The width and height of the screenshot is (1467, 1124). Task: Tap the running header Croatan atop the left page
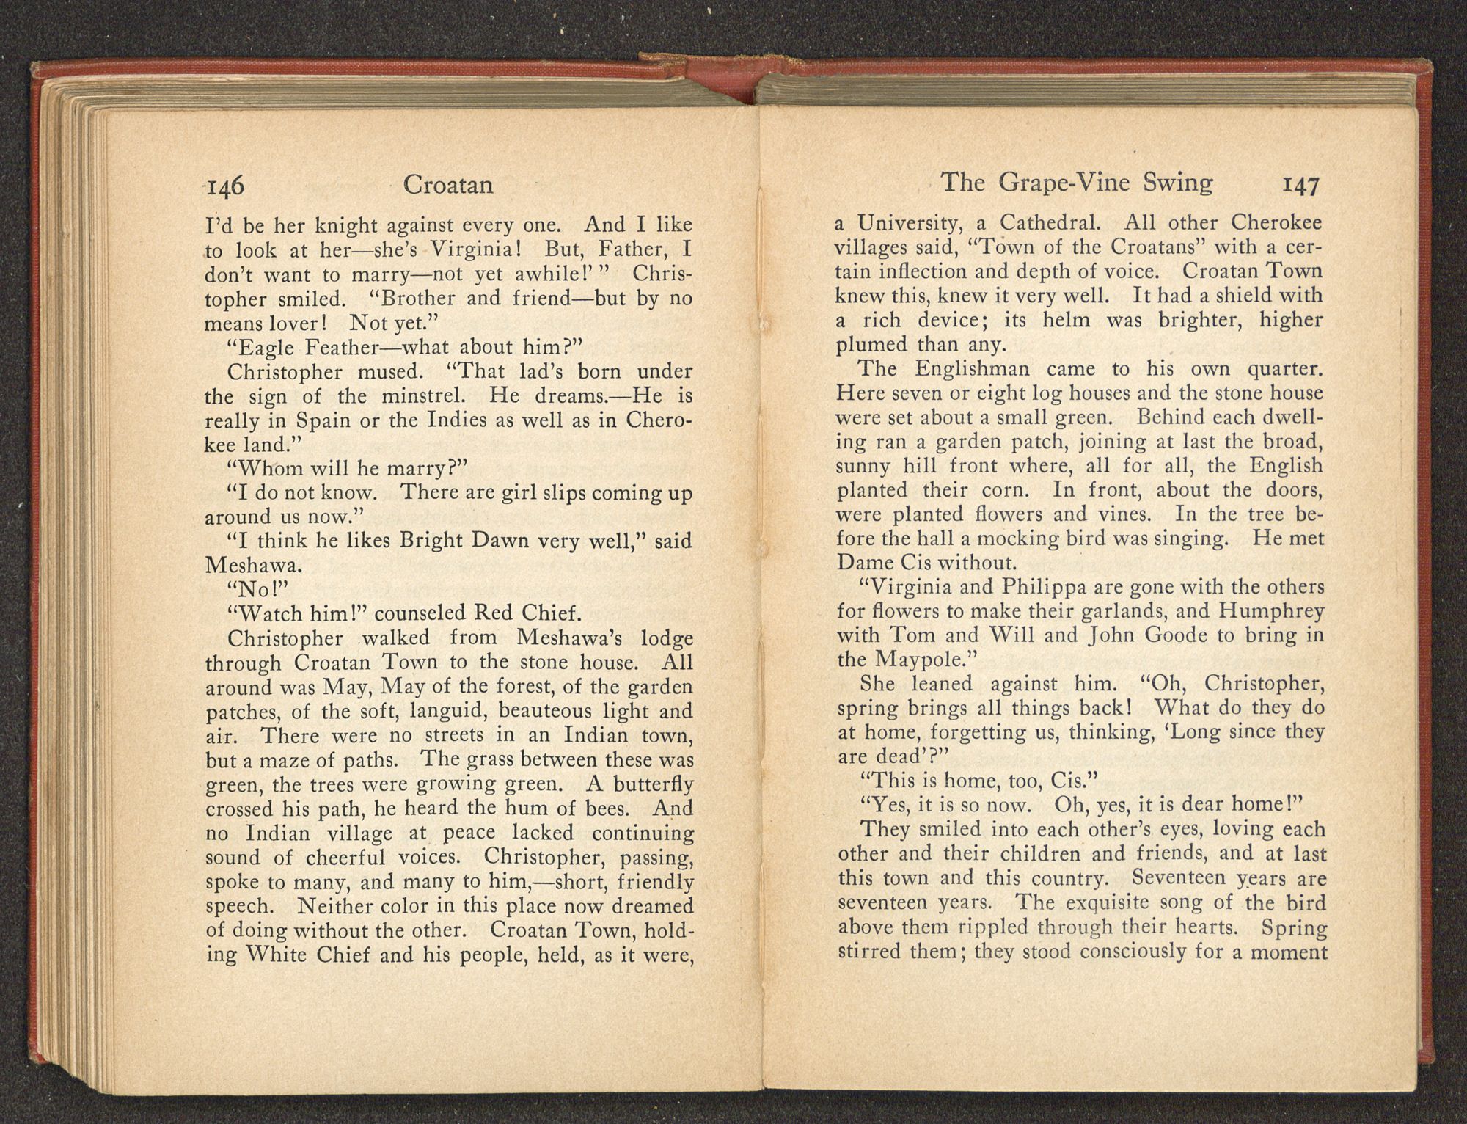[x=448, y=186]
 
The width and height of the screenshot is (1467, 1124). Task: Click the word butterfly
[x=653, y=784]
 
